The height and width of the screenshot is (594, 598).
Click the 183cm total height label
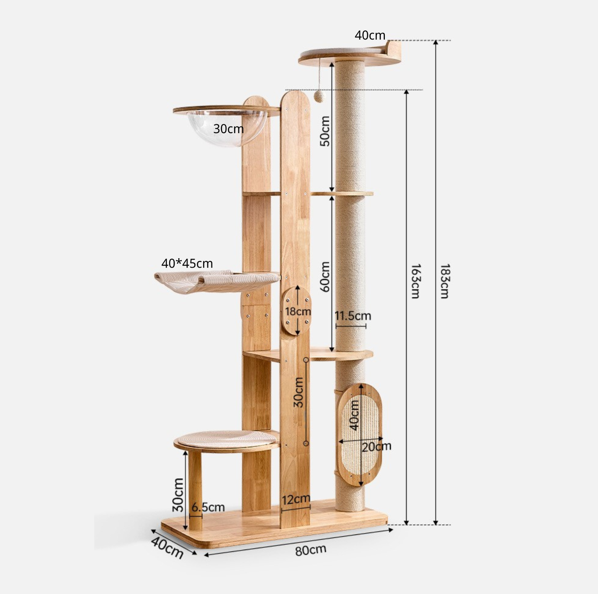(x=444, y=281)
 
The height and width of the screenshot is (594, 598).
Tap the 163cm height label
(x=415, y=281)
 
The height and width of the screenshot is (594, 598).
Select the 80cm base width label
(x=310, y=550)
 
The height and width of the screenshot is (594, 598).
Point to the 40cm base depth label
(x=167, y=547)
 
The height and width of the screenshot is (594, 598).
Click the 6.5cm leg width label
(x=208, y=507)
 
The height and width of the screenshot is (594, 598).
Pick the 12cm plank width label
(x=295, y=499)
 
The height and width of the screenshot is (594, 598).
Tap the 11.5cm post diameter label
(x=353, y=316)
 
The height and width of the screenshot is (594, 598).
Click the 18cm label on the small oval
(x=298, y=311)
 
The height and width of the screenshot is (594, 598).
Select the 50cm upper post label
(x=325, y=131)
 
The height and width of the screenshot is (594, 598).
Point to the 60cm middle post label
(x=325, y=277)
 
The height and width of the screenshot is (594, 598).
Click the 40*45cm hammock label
(x=187, y=263)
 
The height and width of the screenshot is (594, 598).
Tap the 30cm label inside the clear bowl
(x=228, y=129)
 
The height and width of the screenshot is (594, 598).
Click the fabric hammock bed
(x=215, y=281)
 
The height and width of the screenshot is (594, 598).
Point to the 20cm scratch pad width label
(x=376, y=447)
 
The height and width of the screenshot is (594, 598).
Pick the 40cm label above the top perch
(x=370, y=36)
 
